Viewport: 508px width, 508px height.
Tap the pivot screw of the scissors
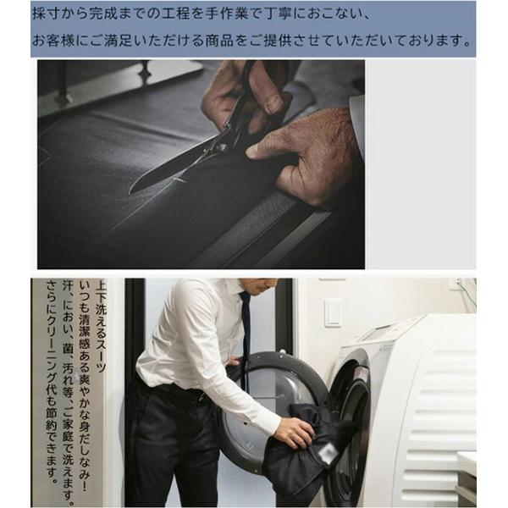coord(223,148)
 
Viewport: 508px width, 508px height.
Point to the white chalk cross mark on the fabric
coord(178,180)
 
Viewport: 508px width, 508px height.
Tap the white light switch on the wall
coord(333,312)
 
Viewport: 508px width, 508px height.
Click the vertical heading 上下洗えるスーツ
coord(101,327)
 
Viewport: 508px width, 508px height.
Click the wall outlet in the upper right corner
coord(456,284)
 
